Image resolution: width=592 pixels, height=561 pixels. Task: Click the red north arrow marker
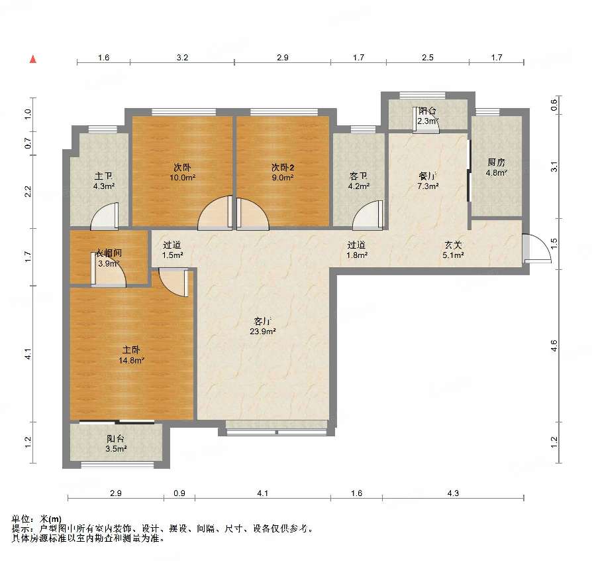(x=33, y=60)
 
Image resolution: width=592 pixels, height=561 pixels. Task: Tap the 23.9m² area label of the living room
(x=263, y=332)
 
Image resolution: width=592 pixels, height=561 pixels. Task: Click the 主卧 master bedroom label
(x=131, y=350)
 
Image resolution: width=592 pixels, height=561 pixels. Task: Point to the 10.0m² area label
(x=182, y=177)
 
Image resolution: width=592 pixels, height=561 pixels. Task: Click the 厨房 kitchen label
(x=496, y=162)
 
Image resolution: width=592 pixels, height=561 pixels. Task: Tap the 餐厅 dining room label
(x=428, y=176)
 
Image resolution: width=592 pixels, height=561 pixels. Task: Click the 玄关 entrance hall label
(x=453, y=245)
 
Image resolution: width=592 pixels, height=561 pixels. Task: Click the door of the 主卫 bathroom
(x=105, y=216)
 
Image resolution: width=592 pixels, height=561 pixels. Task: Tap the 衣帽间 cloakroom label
(x=109, y=253)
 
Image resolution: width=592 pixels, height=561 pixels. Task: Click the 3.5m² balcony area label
(x=116, y=449)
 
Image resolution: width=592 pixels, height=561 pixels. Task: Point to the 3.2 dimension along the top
(x=182, y=58)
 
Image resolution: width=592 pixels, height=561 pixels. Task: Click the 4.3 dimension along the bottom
(x=453, y=493)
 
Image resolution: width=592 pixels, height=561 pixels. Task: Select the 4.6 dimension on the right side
(x=554, y=346)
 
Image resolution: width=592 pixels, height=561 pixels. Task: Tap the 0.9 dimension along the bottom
(x=179, y=493)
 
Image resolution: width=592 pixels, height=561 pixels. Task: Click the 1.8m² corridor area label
(x=357, y=255)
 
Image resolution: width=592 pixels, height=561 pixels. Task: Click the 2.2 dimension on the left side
(x=28, y=192)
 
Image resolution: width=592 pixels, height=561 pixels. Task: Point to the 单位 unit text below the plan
(x=21, y=519)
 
